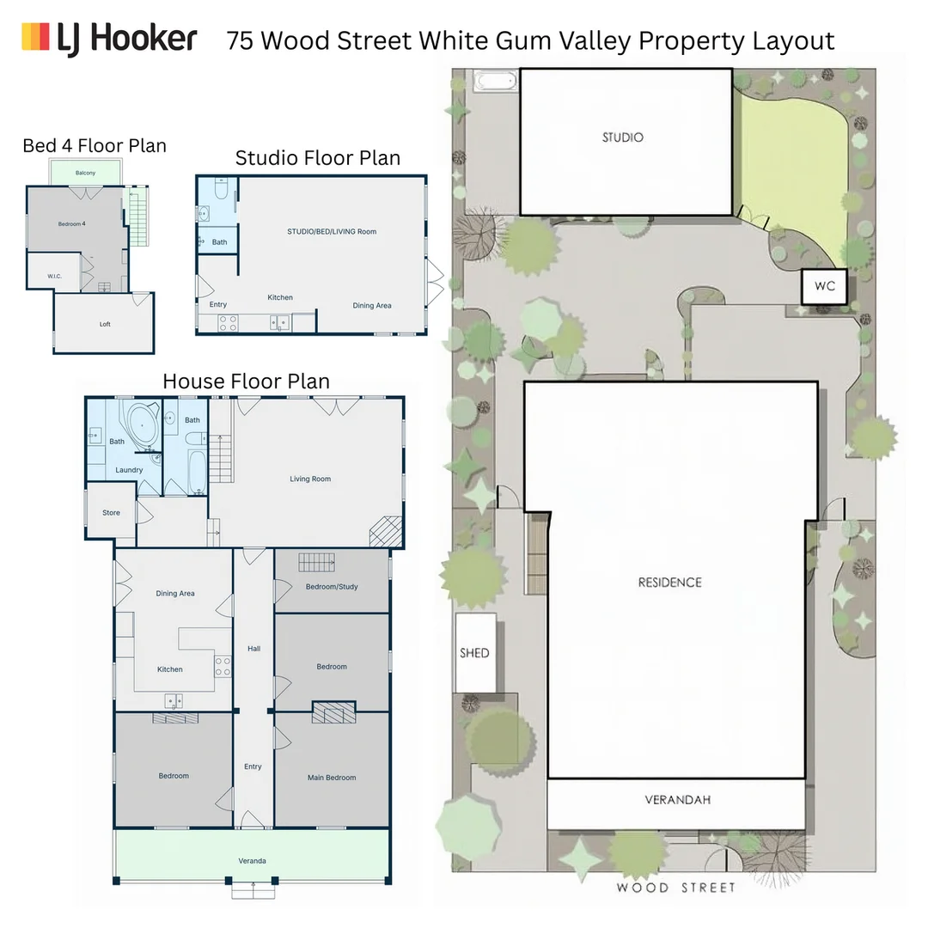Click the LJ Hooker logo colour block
click(x=35, y=37)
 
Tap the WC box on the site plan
click(x=824, y=286)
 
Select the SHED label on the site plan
click(x=474, y=653)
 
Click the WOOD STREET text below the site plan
click(x=676, y=888)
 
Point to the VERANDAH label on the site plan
click(x=678, y=800)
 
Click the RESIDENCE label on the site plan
click(x=670, y=583)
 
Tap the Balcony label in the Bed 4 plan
click(x=85, y=173)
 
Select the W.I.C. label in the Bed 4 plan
click(x=54, y=277)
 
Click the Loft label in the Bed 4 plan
click(x=105, y=324)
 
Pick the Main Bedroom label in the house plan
click(x=332, y=778)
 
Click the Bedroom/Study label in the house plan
click(x=332, y=587)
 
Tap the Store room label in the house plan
click(x=111, y=512)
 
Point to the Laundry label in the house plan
click(x=129, y=470)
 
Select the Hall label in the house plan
click(x=253, y=649)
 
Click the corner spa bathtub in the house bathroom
click(x=142, y=426)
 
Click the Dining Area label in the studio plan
click(x=372, y=305)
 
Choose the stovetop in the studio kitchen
click(x=228, y=323)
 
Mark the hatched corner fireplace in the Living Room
click(x=386, y=532)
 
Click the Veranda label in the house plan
click(x=252, y=861)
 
